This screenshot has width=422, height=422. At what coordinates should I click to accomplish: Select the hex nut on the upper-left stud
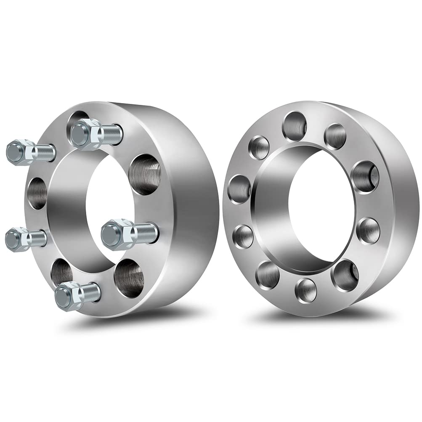20,152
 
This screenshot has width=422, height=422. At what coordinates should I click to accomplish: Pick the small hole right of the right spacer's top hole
335,136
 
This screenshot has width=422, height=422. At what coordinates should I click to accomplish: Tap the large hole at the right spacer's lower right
345,276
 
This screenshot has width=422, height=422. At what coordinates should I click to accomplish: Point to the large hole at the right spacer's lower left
268,274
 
